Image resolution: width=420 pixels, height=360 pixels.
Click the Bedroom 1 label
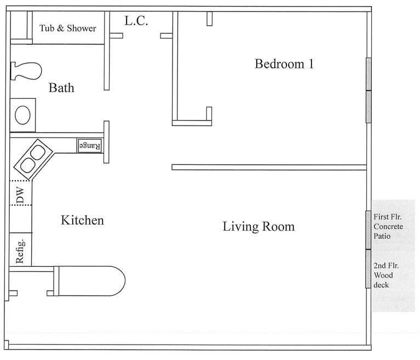[284, 64]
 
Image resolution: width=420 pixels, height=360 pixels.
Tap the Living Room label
[258, 226]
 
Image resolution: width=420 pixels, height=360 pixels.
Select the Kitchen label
[82, 220]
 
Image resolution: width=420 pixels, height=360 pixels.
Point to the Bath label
[61, 88]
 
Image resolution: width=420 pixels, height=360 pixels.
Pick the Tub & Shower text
[68, 28]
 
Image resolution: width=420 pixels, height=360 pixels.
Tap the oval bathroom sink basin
[23, 115]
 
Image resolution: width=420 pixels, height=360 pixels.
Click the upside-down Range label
[90, 146]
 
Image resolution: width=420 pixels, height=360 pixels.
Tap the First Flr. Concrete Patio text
[389, 226]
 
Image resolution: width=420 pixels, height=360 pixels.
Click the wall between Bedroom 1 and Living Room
[268, 167]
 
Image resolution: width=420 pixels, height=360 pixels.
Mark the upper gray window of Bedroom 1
[369, 73]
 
